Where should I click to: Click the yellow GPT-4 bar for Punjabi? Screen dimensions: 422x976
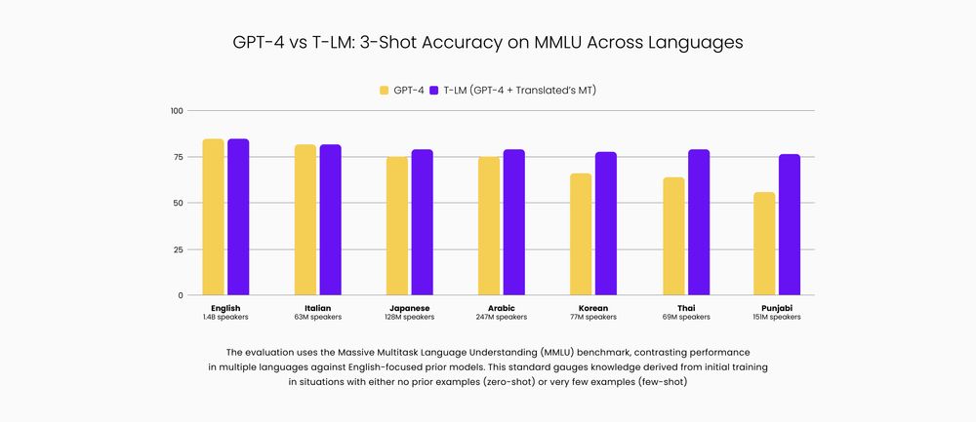coord(764,244)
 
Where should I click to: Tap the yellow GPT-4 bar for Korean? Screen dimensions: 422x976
coord(581,234)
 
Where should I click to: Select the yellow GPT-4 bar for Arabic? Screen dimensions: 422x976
coord(489,226)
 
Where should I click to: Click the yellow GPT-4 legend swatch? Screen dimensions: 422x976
coord(385,91)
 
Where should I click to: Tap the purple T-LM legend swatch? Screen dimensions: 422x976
coord(434,91)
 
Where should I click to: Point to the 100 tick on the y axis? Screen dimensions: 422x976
coord(177,111)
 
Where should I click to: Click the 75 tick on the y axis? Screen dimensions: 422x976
coord(179,157)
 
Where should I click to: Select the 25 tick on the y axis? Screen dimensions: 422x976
coord(179,249)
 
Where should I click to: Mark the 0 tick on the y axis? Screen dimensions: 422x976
coord(181,295)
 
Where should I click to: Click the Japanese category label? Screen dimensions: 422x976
coord(410,307)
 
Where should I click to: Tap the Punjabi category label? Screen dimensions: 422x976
coord(778,307)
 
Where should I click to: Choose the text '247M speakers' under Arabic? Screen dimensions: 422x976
coord(502,317)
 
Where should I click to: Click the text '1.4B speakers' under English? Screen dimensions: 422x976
coord(225,317)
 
